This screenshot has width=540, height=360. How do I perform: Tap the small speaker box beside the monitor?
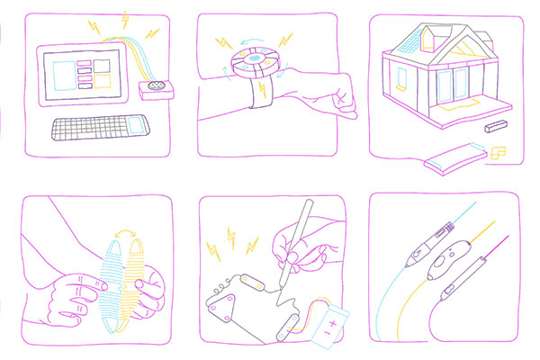coord(157,88)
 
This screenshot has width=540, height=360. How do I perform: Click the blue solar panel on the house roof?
coord(409,40)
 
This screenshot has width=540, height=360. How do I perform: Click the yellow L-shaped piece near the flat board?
coord(498,154)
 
